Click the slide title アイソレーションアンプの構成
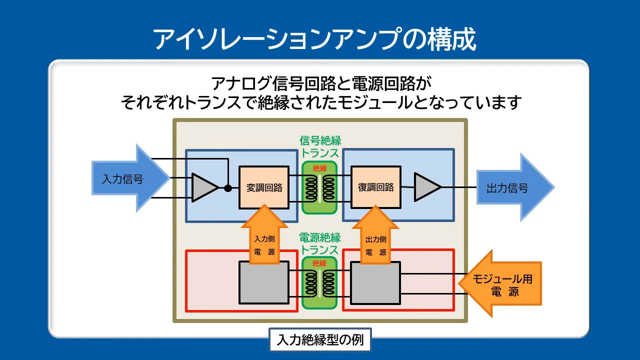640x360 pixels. [x=314, y=39]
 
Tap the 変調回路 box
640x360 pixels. [x=264, y=187]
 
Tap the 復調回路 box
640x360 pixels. [x=375, y=187]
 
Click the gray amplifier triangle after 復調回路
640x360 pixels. [x=426, y=187]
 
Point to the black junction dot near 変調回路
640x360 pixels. [x=228, y=188]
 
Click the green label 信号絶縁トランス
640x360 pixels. [x=320, y=147]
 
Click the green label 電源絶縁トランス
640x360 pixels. [x=320, y=243]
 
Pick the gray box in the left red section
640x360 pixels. [x=264, y=282]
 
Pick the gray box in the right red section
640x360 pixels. [x=375, y=282]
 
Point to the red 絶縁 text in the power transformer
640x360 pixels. [x=320, y=263]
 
